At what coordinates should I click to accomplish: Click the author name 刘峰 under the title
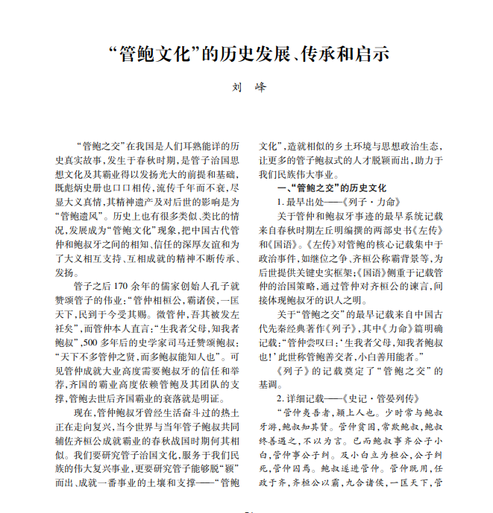pyautogui.click(x=247, y=86)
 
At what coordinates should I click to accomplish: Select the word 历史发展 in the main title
pyautogui.click(x=251, y=54)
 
